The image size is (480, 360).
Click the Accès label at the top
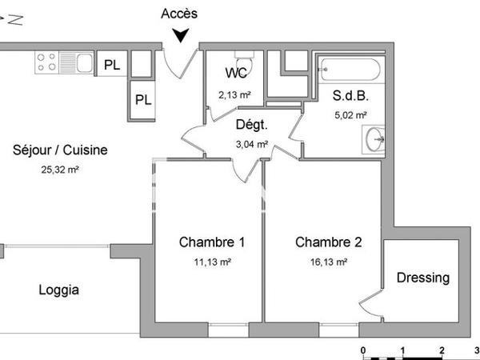179,14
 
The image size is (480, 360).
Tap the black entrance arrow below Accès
182,34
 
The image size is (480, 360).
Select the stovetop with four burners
46,62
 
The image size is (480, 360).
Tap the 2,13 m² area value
234,94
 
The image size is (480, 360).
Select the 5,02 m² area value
350,114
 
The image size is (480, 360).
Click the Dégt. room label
251,125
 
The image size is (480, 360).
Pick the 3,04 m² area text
251,145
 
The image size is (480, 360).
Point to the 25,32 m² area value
61,170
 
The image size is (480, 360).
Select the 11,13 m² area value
212,262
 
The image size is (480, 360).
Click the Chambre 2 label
329,242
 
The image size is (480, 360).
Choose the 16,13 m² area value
329,262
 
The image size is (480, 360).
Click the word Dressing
423,278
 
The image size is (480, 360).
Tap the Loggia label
59,290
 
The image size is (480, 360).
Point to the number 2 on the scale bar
442,350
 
